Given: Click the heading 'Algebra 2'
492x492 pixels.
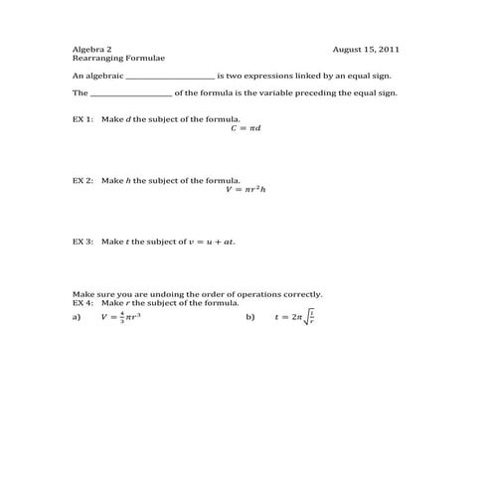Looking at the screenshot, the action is pos(92,49).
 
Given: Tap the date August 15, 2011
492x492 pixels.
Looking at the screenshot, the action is pos(367,49).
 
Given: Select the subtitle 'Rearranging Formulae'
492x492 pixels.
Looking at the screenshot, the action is pos(110,59).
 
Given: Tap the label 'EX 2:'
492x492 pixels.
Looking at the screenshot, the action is pos(82,180).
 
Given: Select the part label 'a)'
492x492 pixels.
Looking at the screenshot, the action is pos(76,317).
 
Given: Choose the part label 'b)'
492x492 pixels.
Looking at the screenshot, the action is pos(250,317).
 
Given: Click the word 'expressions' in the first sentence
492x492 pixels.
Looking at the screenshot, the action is pos(282,76).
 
